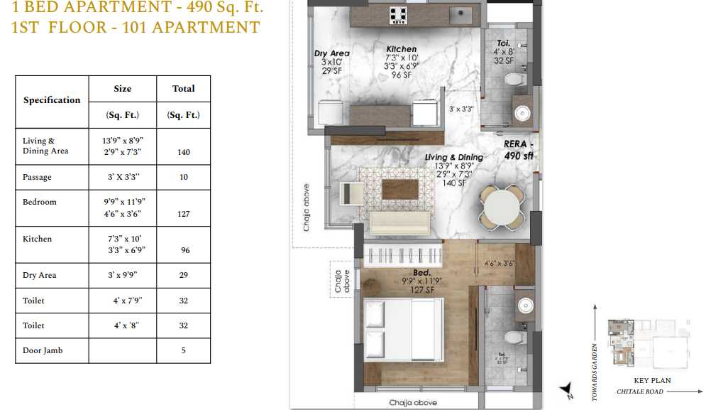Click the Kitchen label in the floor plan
tap(401, 49)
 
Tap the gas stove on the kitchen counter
tap(399, 14)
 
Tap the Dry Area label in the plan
tap(331, 53)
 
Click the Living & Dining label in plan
tap(453, 157)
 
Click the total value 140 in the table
tap(183, 152)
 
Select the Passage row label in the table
tap(37, 177)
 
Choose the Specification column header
tap(52, 100)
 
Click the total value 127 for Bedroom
tap(183, 214)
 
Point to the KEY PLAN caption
tap(652, 381)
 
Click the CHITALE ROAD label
tap(640, 392)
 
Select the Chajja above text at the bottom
tap(413, 403)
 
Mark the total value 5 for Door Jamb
tap(183, 350)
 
